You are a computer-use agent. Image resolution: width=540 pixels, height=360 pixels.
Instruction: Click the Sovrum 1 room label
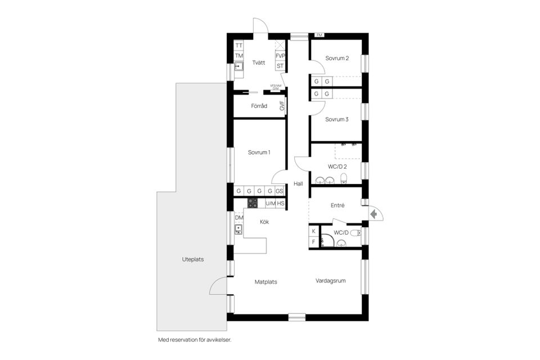(259, 152)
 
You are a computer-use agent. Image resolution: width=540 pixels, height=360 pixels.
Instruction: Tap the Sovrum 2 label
(337, 58)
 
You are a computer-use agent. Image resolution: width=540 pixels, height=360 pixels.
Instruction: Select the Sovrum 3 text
(337, 119)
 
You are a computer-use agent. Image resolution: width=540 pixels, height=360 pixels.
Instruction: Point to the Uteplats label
(193, 260)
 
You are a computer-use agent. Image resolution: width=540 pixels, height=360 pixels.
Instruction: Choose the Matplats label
(266, 282)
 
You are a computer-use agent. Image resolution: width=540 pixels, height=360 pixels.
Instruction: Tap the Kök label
(264, 222)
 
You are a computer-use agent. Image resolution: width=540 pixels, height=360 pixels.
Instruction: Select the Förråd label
(259, 106)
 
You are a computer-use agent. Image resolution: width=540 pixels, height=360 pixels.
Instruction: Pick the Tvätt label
(259, 62)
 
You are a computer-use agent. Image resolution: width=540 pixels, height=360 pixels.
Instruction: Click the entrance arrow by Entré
(373, 214)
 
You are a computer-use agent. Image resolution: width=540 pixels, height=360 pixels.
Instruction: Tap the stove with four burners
(253, 203)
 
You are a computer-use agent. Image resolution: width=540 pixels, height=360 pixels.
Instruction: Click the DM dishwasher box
(239, 218)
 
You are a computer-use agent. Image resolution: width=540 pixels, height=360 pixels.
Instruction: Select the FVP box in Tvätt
(280, 56)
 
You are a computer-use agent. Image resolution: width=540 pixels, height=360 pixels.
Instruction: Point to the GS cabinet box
(280, 191)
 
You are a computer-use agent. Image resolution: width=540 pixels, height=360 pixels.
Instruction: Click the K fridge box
(313, 231)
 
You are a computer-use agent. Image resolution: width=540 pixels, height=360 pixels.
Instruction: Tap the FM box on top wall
(319, 35)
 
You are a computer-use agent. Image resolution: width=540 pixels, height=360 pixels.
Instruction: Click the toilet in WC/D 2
(345, 179)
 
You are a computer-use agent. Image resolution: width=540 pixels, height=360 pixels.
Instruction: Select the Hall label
(298, 184)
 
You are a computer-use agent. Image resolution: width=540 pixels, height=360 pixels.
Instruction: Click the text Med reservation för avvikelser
(195, 340)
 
